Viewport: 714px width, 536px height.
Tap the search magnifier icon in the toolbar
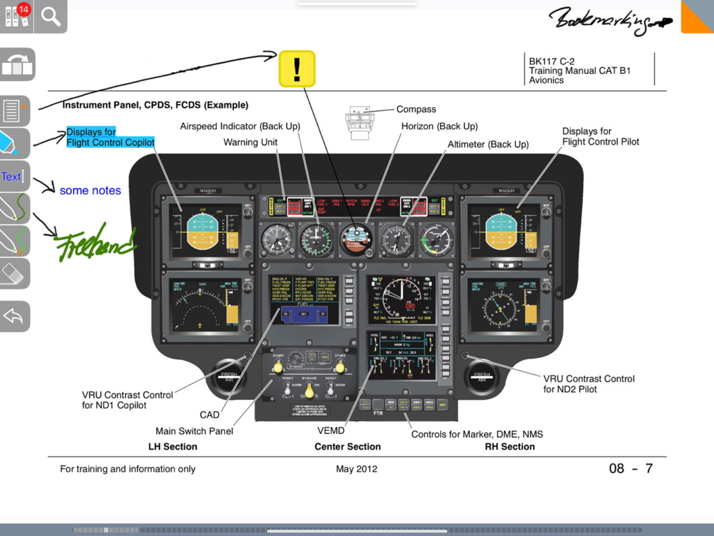click(51, 16)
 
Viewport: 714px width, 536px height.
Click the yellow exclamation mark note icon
click(297, 68)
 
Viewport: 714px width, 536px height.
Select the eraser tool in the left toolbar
click(15, 274)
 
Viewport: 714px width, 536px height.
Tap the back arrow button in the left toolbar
click(15, 316)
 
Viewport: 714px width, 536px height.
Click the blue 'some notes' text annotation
click(90, 191)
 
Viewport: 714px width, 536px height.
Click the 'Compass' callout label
click(416, 110)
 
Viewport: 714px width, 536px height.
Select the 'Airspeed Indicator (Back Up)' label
click(240, 126)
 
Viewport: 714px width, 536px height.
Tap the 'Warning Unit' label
click(250, 142)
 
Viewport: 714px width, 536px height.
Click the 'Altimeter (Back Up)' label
click(488, 144)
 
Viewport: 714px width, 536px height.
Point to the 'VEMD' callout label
click(331, 431)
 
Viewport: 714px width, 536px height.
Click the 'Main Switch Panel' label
click(194, 431)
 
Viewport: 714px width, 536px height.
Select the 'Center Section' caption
click(347, 447)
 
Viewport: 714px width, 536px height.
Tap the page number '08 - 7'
click(630, 468)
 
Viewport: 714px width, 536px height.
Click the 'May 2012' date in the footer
click(356, 469)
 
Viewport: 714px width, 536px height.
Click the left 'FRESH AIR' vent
click(229, 378)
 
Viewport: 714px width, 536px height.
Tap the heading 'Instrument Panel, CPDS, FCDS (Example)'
click(155, 105)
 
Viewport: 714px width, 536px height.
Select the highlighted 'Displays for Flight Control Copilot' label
click(110, 137)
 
